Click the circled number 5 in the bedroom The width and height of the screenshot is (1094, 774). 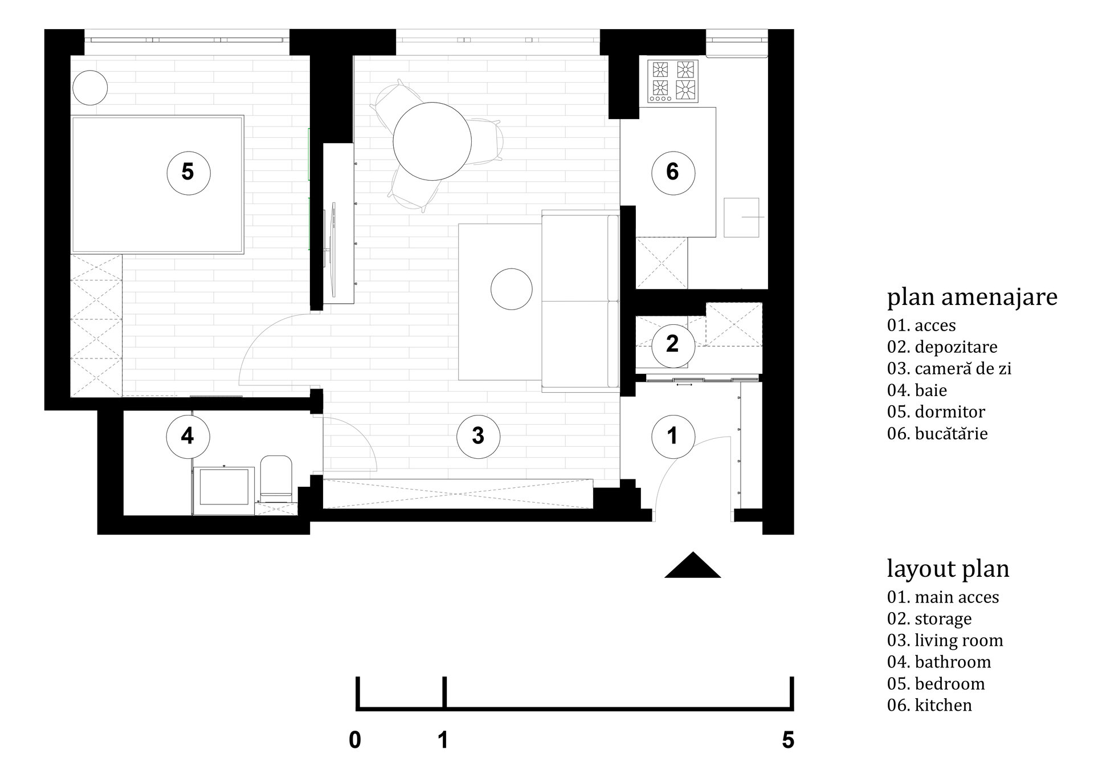(188, 172)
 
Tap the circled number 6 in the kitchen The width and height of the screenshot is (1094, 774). (673, 172)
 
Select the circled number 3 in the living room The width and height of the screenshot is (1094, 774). (478, 436)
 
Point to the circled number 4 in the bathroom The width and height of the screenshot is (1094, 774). (187, 436)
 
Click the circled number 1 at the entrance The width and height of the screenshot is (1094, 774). (673, 436)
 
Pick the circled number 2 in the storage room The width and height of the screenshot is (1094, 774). (673, 344)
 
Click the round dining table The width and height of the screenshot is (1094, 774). (432, 141)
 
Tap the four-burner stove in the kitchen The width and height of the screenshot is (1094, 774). (673, 81)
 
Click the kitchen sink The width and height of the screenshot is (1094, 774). (741, 217)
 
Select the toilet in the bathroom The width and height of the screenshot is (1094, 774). (276, 478)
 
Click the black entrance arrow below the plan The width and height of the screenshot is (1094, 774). (693, 565)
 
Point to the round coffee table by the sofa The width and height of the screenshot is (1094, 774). (512, 289)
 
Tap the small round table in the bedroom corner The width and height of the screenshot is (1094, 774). (90, 87)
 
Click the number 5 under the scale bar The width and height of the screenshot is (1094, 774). (788, 740)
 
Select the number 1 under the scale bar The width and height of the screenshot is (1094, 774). (443, 740)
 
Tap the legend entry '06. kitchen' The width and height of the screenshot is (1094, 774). (929, 705)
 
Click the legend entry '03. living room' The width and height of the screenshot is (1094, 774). (945, 640)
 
